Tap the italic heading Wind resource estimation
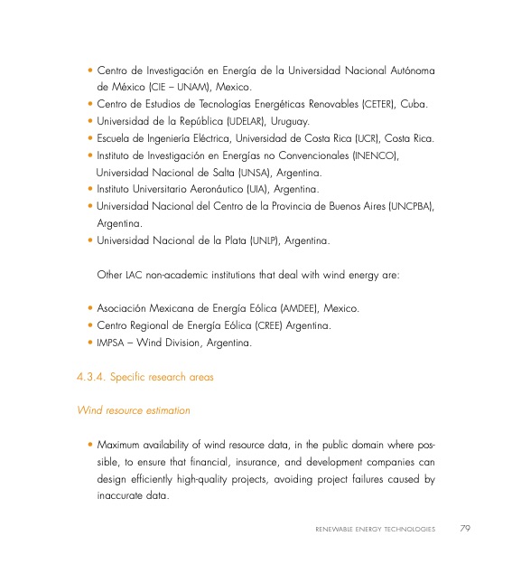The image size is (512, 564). [134, 410]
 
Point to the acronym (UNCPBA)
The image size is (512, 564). [410, 206]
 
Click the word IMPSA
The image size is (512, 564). [110, 343]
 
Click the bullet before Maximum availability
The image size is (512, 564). [90, 445]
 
